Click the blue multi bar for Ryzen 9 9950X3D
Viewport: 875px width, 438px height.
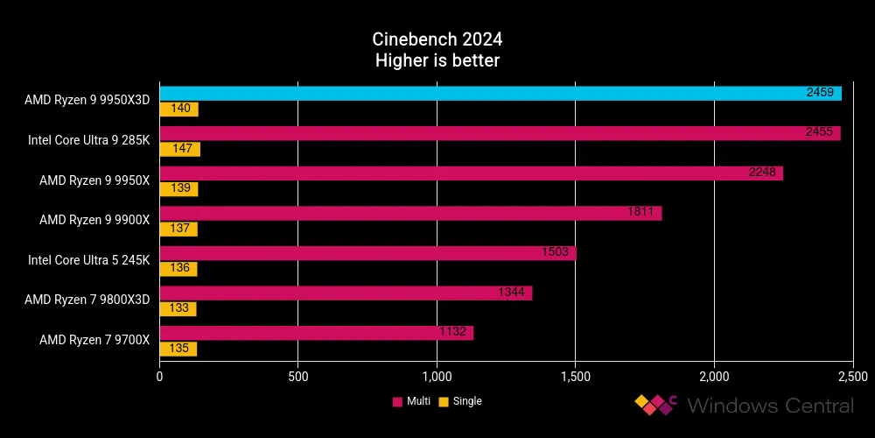[500, 93]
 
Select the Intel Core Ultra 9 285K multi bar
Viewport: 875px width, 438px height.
[500, 133]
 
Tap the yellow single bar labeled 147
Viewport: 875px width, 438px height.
[179, 150]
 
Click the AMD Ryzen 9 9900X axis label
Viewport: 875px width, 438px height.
[94, 220]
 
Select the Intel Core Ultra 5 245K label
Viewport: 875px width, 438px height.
[88, 260]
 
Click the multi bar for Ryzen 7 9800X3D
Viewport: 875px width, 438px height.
[346, 293]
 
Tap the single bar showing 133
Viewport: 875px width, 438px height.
[178, 309]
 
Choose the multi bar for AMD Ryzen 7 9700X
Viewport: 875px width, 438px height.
[316, 333]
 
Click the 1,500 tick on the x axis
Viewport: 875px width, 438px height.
[575, 377]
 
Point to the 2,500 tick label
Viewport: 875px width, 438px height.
[851, 377]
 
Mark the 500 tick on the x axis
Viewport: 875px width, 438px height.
[297, 377]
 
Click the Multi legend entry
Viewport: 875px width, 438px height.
[410, 401]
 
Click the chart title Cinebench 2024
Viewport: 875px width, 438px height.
[437, 39]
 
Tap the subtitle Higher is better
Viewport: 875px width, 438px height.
[437, 60]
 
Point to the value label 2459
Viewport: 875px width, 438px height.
[824, 93]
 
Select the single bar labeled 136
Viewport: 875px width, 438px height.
[178, 270]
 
